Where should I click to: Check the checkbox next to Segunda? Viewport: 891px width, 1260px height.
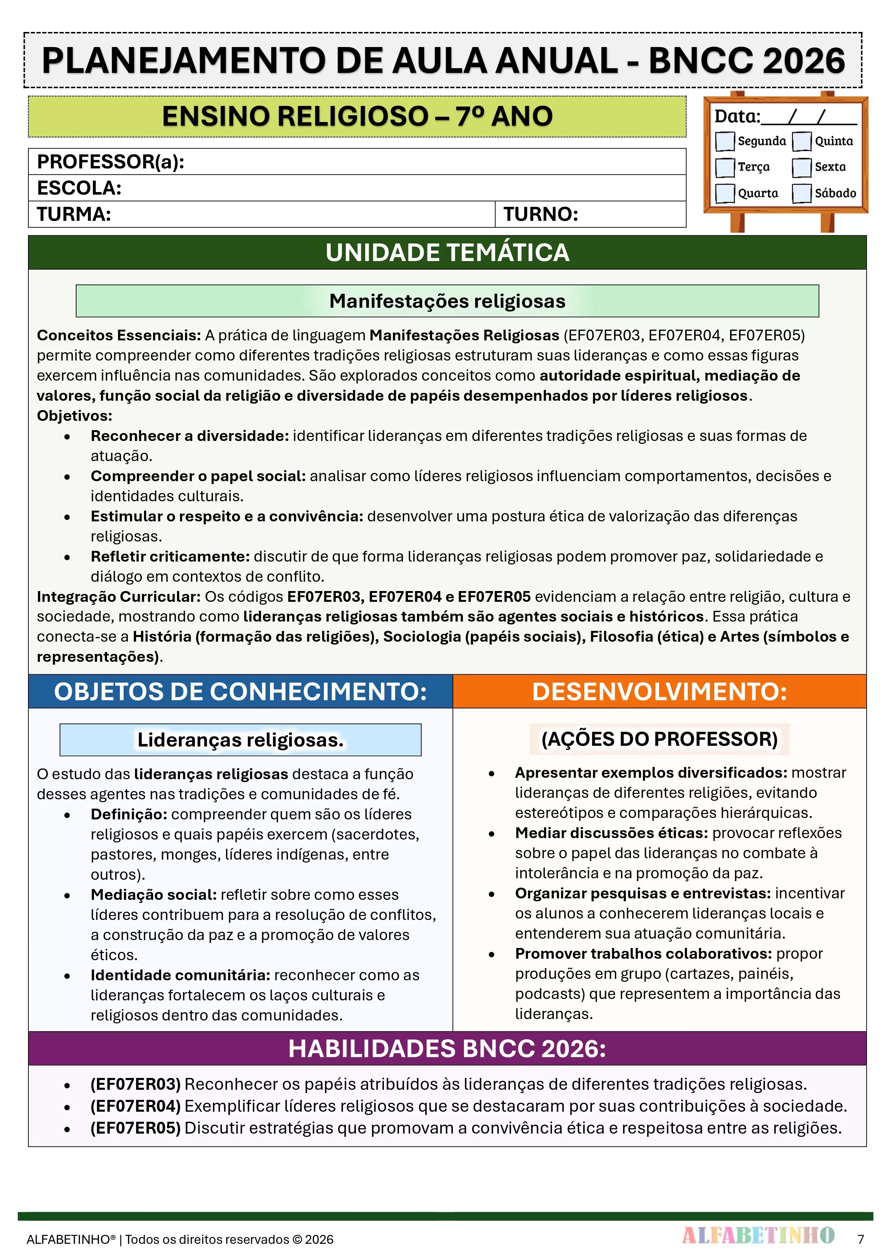tap(725, 141)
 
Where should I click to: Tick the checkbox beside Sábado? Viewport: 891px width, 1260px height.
tap(802, 193)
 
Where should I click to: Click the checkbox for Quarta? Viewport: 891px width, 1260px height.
tap(725, 193)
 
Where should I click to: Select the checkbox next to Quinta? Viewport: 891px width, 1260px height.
tap(802, 141)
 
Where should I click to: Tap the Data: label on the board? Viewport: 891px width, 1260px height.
tap(737, 116)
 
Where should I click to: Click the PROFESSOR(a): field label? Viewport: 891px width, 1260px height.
tap(110, 162)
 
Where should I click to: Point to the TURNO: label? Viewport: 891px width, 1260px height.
tap(541, 214)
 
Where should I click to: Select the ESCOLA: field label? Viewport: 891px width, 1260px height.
tap(79, 188)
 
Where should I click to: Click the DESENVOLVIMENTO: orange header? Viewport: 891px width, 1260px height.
tap(659, 692)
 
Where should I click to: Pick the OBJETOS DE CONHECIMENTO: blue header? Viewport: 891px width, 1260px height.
tap(241, 692)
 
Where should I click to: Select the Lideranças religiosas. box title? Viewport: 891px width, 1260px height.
tap(241, 740)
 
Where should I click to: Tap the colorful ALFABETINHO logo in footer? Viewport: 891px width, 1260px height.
tap(758, 1235)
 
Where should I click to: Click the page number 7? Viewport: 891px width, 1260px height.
tap(861, 1239)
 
